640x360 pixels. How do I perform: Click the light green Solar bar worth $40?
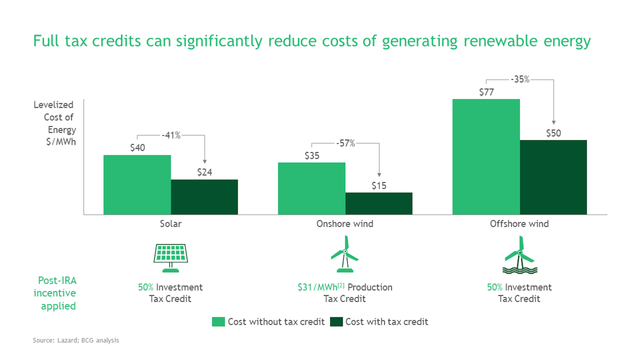tap(137, 184)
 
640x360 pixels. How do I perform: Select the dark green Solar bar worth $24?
tap(204, 197)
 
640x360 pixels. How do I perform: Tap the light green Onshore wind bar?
tap(311, 188)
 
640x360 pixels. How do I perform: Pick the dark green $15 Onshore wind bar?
tap(378, 203)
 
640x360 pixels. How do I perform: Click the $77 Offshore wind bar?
tap(486, 156)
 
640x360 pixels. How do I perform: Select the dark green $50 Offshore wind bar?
tap(553, 177)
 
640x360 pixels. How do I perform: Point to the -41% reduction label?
tap(171, 135)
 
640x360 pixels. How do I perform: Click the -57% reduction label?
tap(345, 143)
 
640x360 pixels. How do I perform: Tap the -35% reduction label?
tap(519, 79)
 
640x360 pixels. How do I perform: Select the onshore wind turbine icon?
tap(344, 254)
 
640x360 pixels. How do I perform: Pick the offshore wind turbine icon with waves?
tap(519, 255)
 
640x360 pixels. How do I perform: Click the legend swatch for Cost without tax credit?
tap(218, 321)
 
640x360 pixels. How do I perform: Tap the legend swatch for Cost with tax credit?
tap(336, 321)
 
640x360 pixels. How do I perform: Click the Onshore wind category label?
tap(344, 223)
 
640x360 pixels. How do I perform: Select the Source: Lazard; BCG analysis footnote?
tap(76, 340)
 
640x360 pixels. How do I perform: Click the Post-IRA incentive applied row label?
tap(55, 293)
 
